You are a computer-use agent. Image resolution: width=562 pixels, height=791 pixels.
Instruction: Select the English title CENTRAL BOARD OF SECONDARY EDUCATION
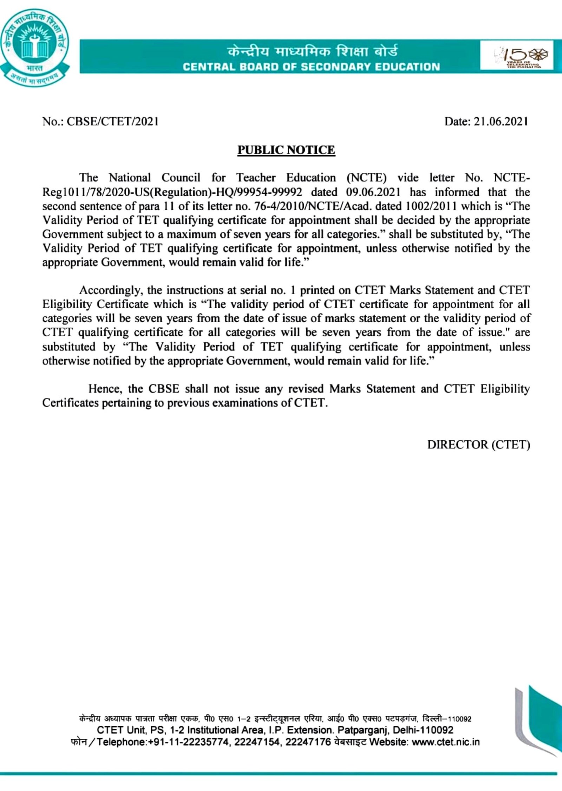[311, 67]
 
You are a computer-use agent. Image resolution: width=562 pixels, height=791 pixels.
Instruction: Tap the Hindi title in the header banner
[313, 52]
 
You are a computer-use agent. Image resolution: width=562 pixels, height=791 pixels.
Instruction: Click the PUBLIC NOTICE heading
[286, 150]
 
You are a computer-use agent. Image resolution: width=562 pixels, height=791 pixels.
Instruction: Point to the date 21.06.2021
[501, 121]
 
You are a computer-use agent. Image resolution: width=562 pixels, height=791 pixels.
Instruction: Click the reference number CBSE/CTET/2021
[112, 121]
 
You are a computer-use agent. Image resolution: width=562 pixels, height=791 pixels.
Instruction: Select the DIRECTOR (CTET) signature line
[478, 445]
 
